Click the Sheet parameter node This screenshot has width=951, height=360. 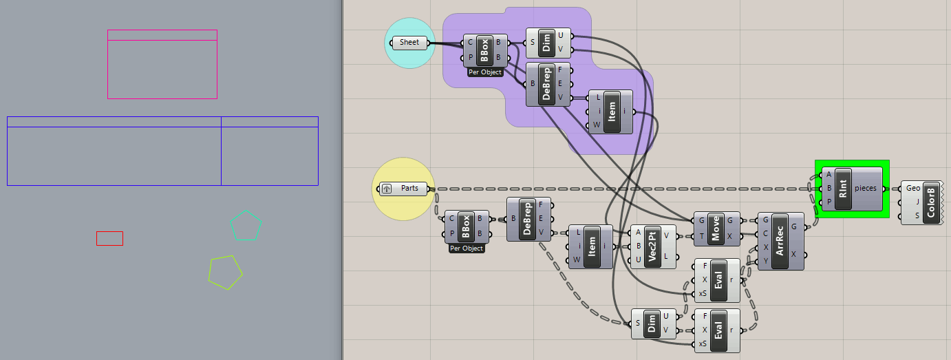click(x=409, y=43)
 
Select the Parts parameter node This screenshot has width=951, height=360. click(x=409, y=189)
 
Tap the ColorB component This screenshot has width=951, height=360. click(x=930, y=202)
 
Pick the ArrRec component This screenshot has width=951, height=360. click(x=780, y=240)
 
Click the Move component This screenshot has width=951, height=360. click(x=716, y=228)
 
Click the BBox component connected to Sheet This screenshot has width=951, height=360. click(x=484, y=50)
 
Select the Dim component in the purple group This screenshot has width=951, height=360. click(x=547, y=42)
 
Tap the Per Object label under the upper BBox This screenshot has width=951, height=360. click(x=485, y=72)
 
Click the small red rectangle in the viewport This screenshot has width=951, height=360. click(x=109, y=238)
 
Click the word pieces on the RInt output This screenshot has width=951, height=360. click(x=868, y=188)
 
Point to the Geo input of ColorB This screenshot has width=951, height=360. click(x=913, y=188)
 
